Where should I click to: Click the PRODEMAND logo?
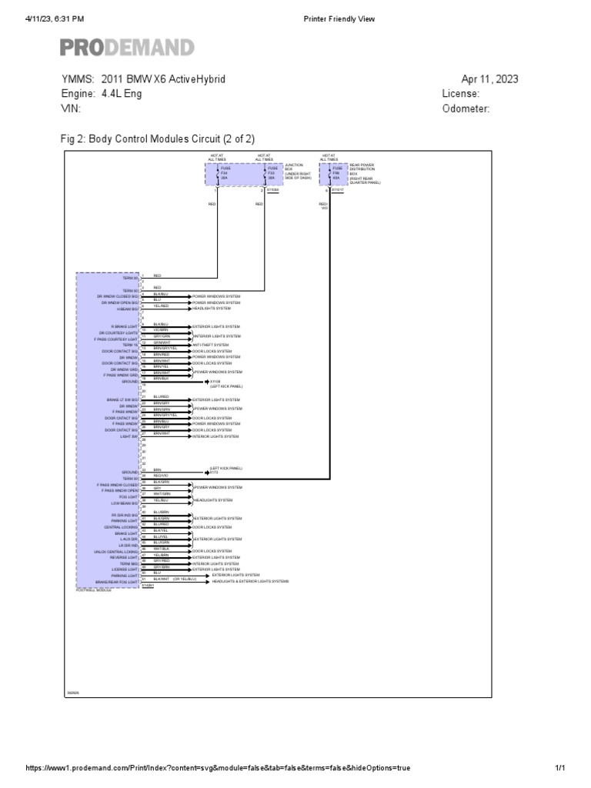(x=128, y=48)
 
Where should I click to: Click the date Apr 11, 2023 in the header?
(x=489, y=79)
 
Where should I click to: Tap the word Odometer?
(x=466, y=109)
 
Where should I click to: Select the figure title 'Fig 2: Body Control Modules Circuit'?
(x=158, y=139)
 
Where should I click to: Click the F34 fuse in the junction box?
(x=225, y=173)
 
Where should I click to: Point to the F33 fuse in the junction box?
(x=271, y=173)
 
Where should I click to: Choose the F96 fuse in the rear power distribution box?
(x=336, y=173)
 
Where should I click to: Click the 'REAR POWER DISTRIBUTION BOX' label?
(x=365, y=173)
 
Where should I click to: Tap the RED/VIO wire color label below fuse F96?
(x=324, y=206)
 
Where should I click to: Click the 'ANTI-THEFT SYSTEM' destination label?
(x=211, y=344)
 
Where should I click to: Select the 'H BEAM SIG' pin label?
(x=128, y=309)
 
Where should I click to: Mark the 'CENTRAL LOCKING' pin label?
(x=123, y=527)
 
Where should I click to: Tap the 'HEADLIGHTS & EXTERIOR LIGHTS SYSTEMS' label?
(x=250, y=582)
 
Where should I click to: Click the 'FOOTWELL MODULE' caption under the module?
(x=94, y=590)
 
